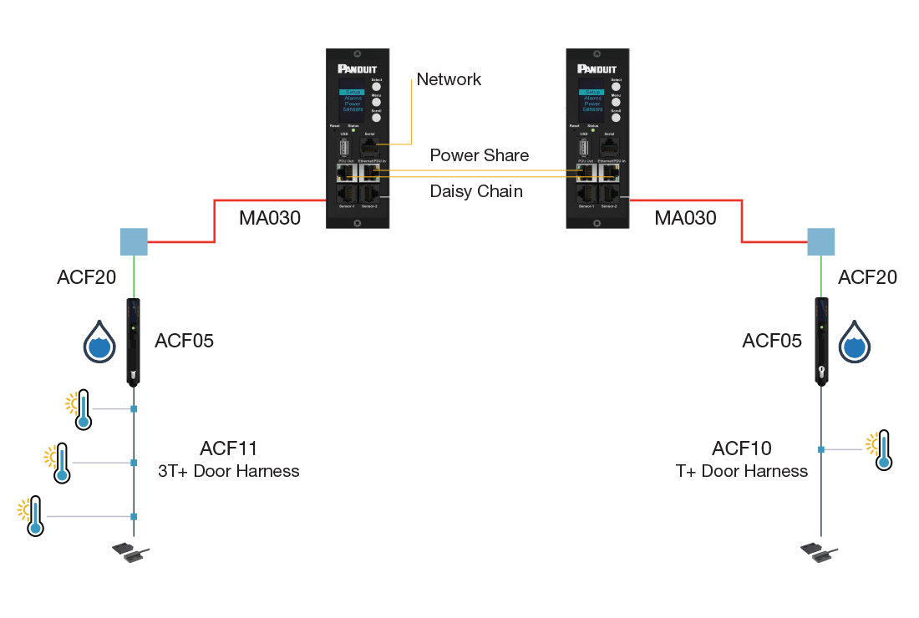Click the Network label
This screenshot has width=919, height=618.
(449, 79)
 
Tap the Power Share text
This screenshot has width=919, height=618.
(479, 155)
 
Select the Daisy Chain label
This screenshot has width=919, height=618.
(476, 191)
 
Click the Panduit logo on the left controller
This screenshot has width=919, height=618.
(357, 69)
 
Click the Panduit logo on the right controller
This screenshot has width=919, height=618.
(596, 69)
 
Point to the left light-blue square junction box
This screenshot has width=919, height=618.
(134, 242)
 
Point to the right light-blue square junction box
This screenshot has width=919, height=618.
(820, 242)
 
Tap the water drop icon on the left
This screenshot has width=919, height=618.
(99, 342)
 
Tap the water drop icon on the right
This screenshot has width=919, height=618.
(855, 342)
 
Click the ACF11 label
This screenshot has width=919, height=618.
(229, 449)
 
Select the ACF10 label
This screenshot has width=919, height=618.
(741, 449)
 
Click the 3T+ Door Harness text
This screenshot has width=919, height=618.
(229, 471)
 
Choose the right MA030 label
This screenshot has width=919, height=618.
(685, 218)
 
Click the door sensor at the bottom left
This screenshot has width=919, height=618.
(130, 552)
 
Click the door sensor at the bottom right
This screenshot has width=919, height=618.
(819, 552)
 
